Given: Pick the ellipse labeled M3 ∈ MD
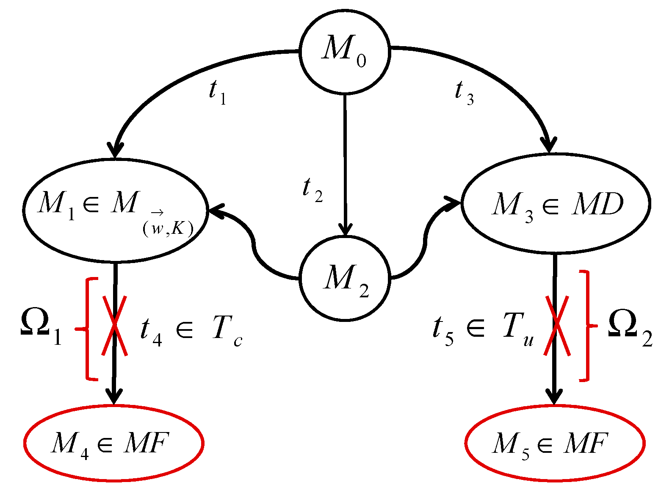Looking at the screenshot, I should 556,204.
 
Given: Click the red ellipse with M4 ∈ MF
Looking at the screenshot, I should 113,443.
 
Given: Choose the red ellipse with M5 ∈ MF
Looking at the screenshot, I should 555,443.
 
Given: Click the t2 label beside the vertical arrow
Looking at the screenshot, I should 312,189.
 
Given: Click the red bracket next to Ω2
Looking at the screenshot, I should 586,325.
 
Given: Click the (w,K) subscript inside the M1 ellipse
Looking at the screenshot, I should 168,228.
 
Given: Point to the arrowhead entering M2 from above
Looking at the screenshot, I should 346,229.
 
